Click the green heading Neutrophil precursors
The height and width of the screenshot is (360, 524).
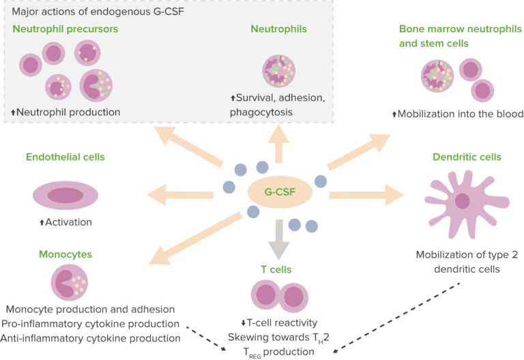point(65,29)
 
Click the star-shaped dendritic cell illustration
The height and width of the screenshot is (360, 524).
point(463,202)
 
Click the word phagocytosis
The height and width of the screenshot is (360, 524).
point(263,112)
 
